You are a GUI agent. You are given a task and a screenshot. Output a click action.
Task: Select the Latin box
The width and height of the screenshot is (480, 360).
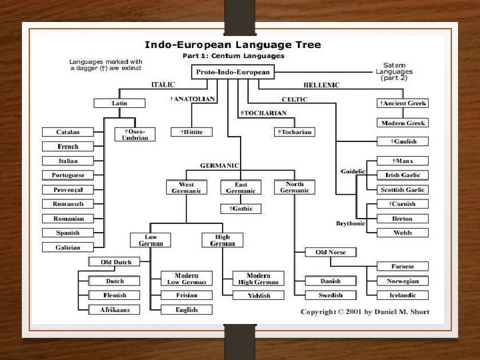[x=120, y=103]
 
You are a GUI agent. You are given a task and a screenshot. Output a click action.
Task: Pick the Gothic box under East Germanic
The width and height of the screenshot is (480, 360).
[x=241, y=209]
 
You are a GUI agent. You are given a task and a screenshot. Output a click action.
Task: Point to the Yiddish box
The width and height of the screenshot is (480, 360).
[x=258, y=295]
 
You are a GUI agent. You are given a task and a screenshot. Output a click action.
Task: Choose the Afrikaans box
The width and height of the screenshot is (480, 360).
[x=105, y=309]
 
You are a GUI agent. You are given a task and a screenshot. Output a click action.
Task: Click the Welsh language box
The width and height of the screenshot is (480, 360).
[x=403, y=233]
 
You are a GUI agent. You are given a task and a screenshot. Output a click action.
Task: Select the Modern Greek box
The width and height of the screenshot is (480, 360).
[x=403, y=123]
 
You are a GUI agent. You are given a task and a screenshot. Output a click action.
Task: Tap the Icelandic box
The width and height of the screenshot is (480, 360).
[x=403, y=295]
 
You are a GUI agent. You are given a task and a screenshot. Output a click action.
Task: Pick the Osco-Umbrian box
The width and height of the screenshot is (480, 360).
[x=134, y=135]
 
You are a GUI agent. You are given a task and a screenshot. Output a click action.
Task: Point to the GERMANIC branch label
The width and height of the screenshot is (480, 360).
[x=219, y=165]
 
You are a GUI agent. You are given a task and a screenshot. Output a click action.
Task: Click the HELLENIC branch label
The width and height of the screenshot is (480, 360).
[x=321, y=85]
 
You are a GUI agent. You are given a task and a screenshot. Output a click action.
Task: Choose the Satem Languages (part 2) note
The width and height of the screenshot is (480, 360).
[x=399, y=71]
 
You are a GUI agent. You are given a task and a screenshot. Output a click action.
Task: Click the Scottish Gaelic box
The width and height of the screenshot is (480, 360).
[x=403, y=189]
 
